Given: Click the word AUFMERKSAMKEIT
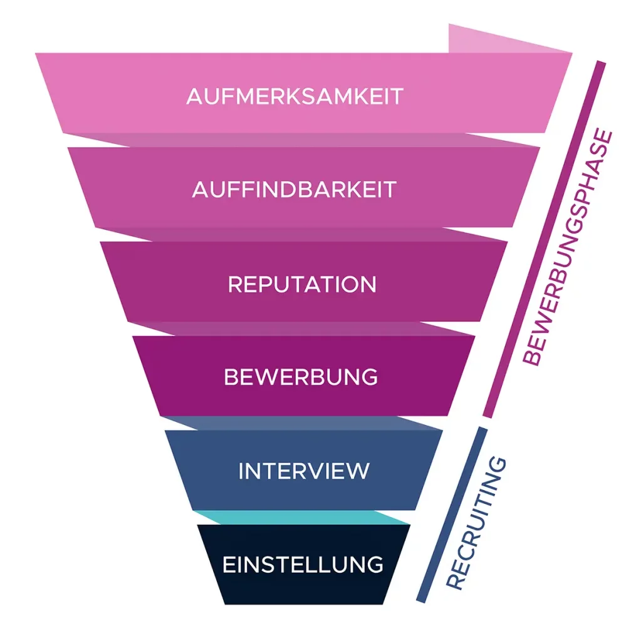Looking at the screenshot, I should point(295,97).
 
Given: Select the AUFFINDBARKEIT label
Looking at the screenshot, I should point(295,189).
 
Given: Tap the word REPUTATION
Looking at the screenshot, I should point(302,284).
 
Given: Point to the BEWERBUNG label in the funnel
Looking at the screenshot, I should point(301,377).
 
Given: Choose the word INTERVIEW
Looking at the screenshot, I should point(304,471).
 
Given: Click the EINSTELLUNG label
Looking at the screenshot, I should point(303,565).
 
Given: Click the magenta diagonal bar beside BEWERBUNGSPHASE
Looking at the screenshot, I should point(544,238).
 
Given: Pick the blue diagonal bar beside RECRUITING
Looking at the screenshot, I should point(451,513).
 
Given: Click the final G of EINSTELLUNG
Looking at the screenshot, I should point(375,565).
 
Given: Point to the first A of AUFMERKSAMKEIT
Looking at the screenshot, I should point(194,97).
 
